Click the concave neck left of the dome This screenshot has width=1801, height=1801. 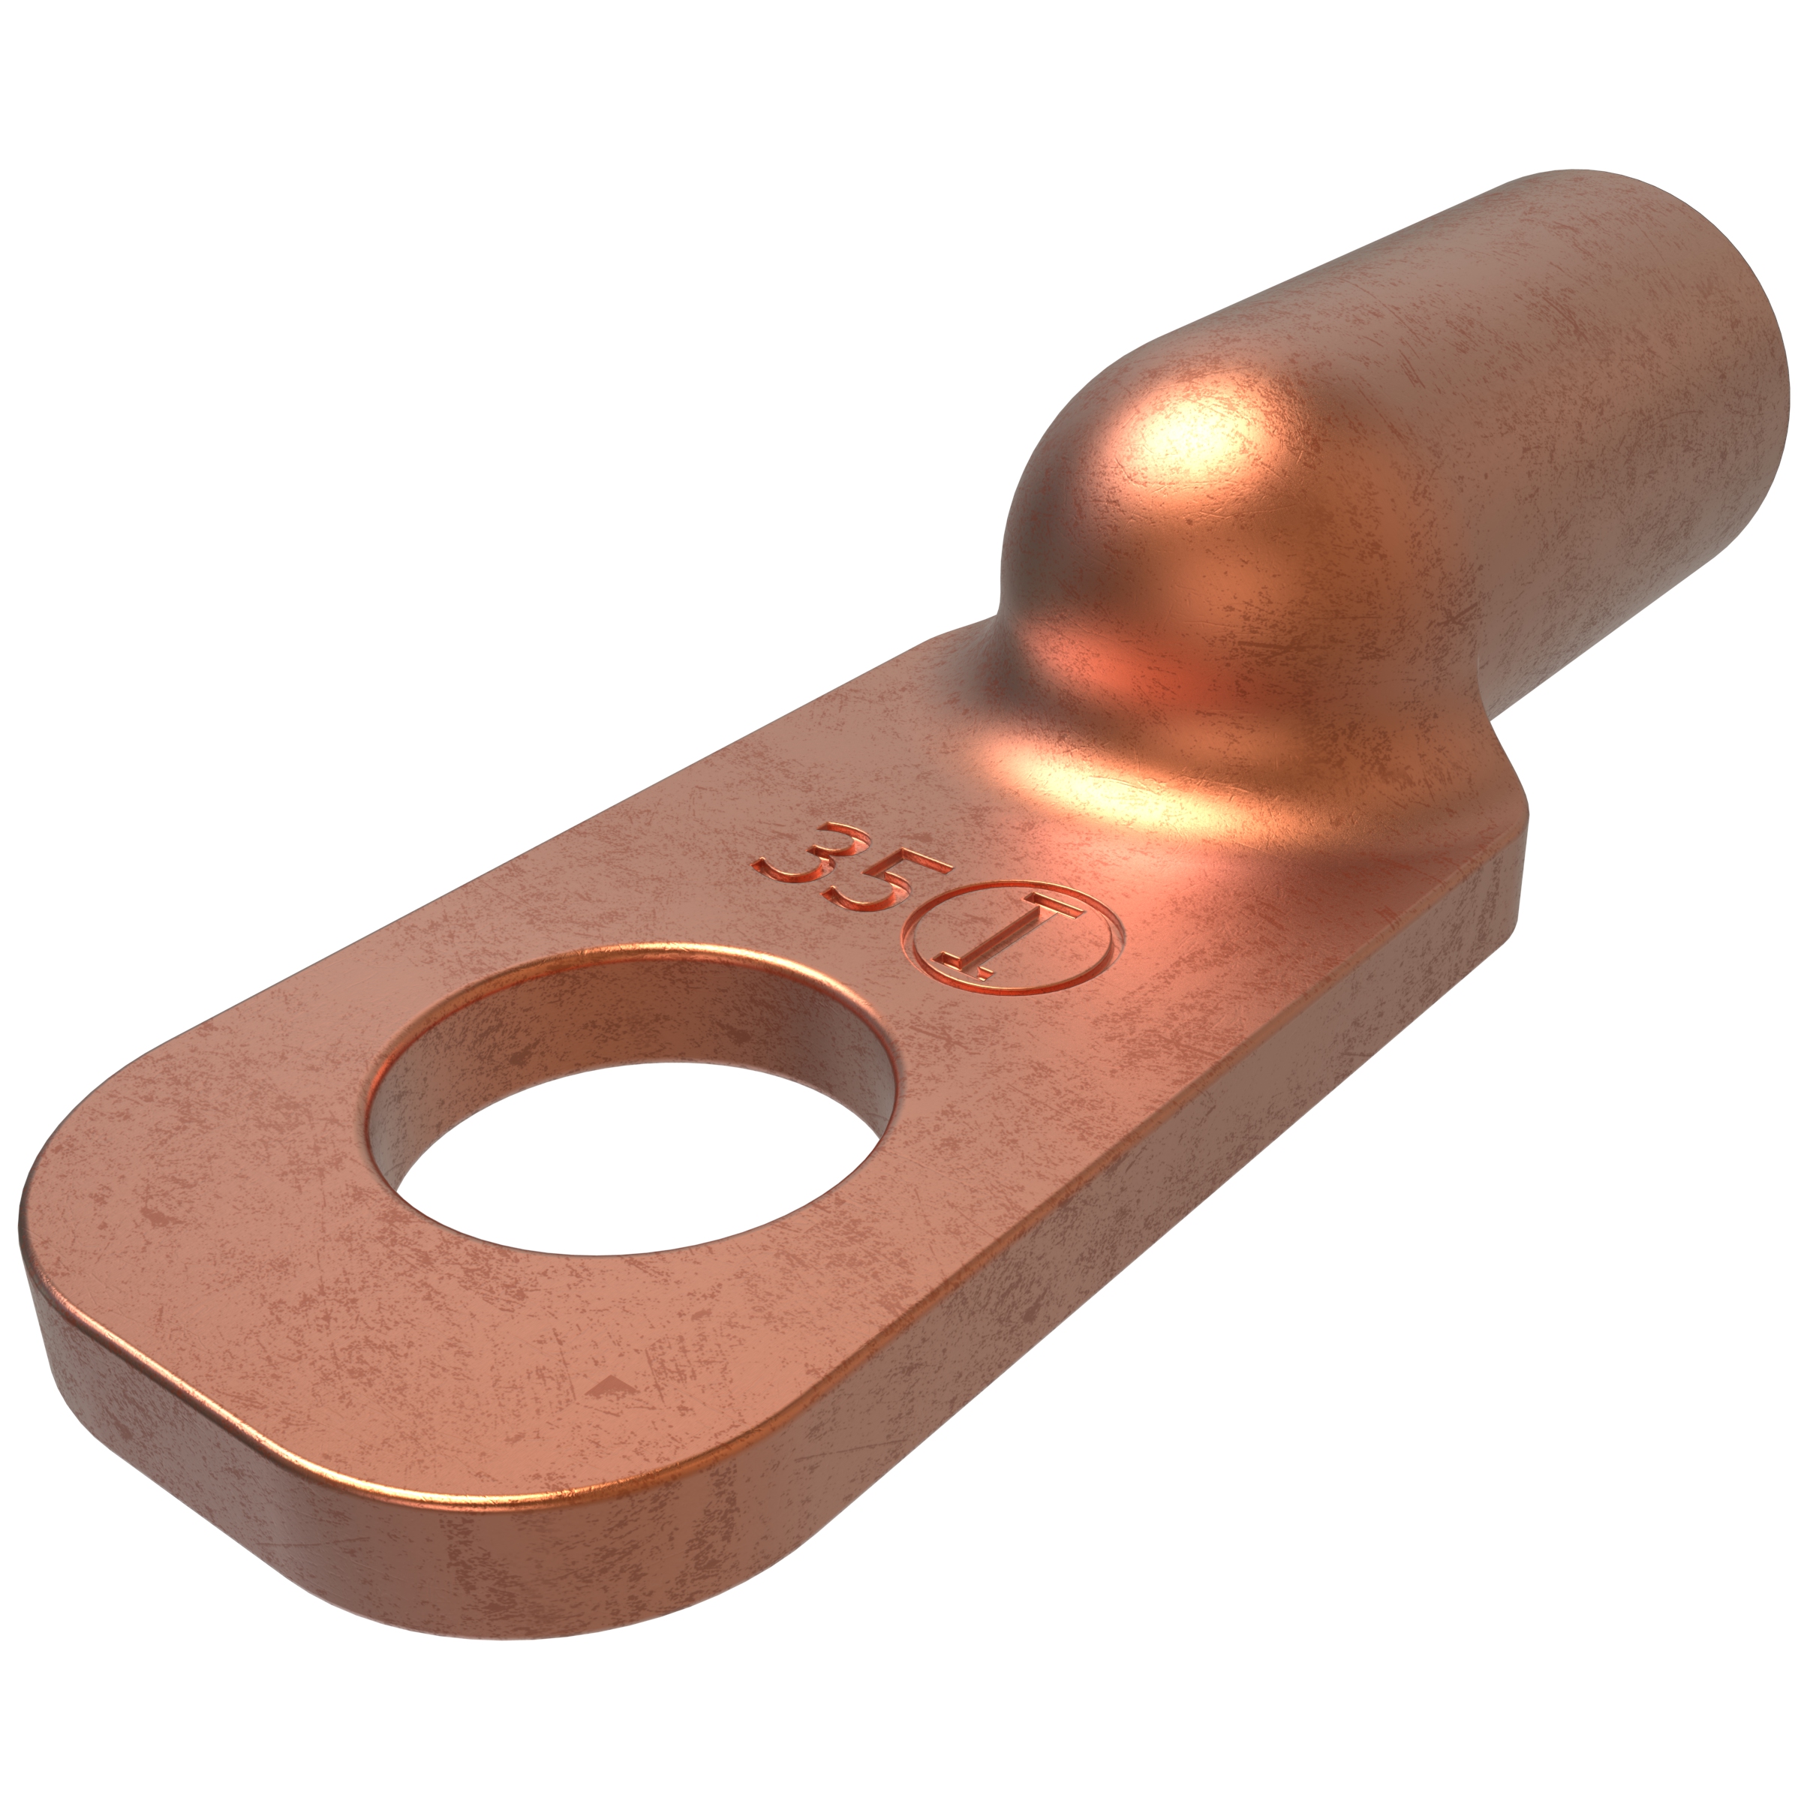click(988, 643)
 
